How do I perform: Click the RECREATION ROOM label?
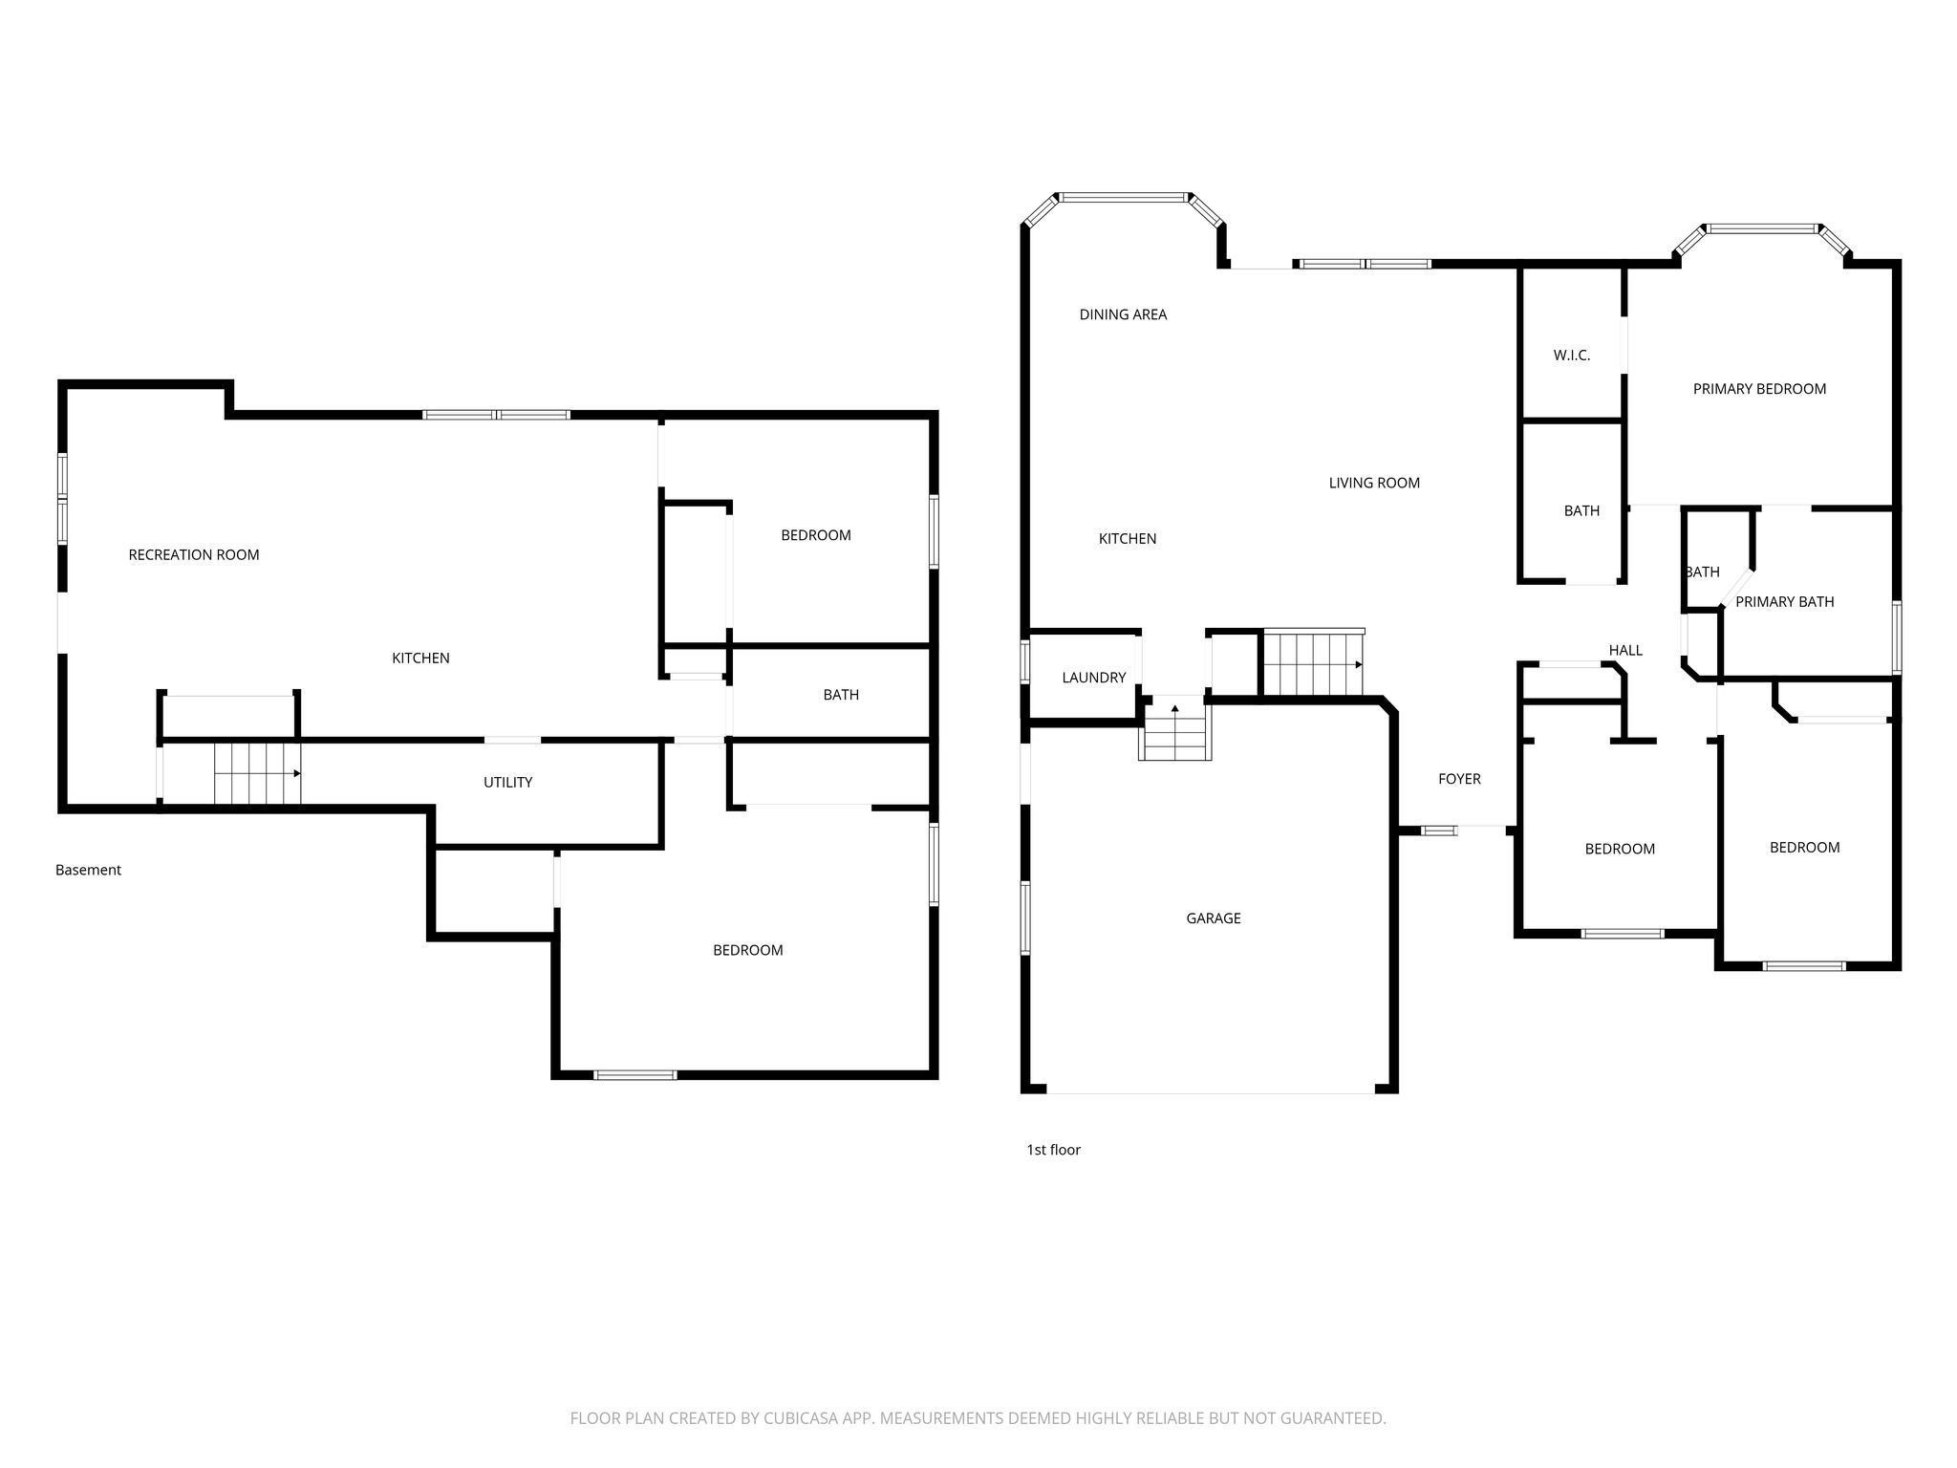pos(194,554)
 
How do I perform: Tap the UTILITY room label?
pos(507,782)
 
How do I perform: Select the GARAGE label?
pos(1214,918)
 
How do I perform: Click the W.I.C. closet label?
pos(1572,356)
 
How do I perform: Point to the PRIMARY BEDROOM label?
pos(1759,389)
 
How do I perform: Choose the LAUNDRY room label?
pos(1094,678)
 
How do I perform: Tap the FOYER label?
pos(1459,779)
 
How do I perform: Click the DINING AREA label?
pos(1123,314)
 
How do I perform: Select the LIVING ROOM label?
pos(1374,483)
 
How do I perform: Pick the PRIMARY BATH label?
pos(1784,602)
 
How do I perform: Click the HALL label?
pos(1625,651)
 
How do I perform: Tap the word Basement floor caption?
pos(88,870)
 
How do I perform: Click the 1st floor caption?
pos(1053,1150)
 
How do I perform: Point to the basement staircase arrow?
pos(296,773)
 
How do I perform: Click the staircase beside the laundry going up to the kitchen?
pos(1174,731)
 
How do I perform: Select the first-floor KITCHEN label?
pos(1128,539)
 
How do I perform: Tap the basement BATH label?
pos(841,695)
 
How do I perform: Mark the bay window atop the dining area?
pos(1124,198)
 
